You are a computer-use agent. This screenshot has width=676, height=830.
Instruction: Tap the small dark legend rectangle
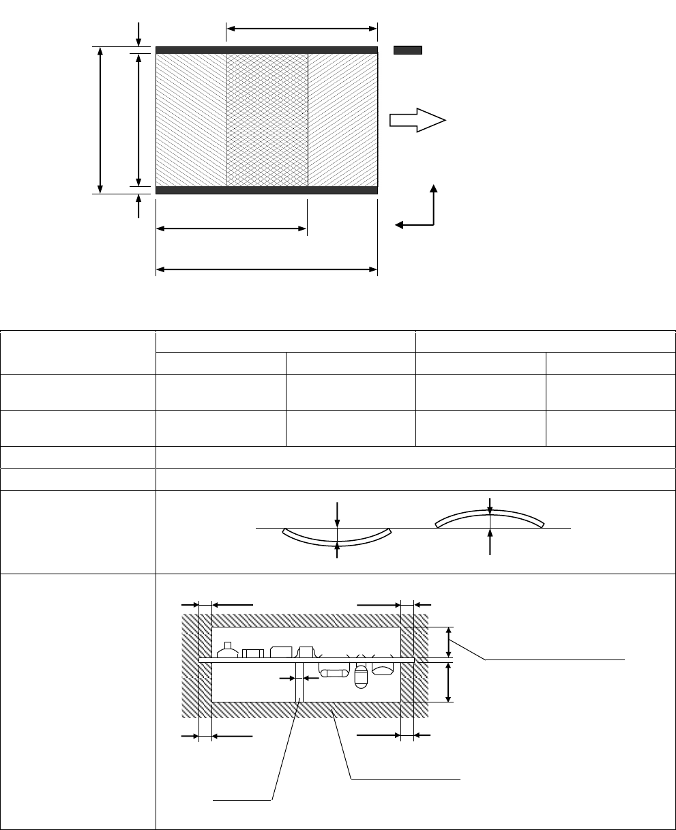pos(408,50)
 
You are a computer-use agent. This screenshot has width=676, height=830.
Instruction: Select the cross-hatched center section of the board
pos(267,119)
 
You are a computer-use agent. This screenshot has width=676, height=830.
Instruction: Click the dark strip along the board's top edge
pos(267,50)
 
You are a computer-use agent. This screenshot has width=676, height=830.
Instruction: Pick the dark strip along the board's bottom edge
pos(267,190)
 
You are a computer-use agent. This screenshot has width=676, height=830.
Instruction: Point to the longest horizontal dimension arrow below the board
pos(267,269)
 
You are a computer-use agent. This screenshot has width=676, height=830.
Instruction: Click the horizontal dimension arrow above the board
pos(302,29)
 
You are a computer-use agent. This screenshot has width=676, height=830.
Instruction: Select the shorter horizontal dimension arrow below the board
pos(231,228)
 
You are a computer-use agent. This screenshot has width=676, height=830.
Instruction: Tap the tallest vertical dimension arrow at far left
pos(101,120)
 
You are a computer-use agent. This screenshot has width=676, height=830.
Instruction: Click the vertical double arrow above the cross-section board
pos(448,642)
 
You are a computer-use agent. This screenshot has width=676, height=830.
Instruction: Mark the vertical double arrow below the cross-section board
pos(448,682)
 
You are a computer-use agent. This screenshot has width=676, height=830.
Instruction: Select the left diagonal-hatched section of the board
pos(191,119)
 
